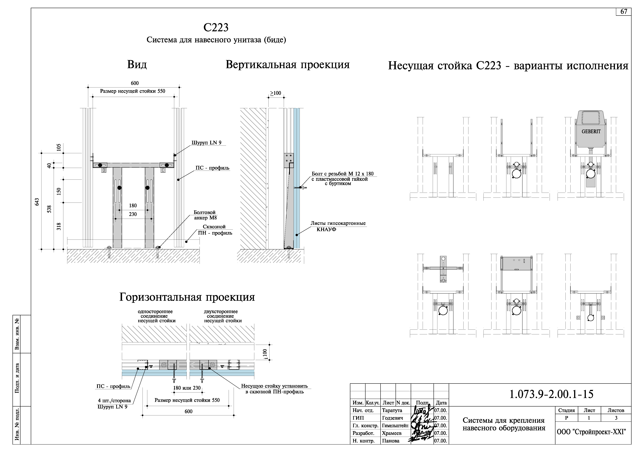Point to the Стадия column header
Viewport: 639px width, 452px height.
pyautogui.click(x=566, y=410)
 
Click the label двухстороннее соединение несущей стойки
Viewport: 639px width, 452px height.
pyautogui.click(x=223, y=316)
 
